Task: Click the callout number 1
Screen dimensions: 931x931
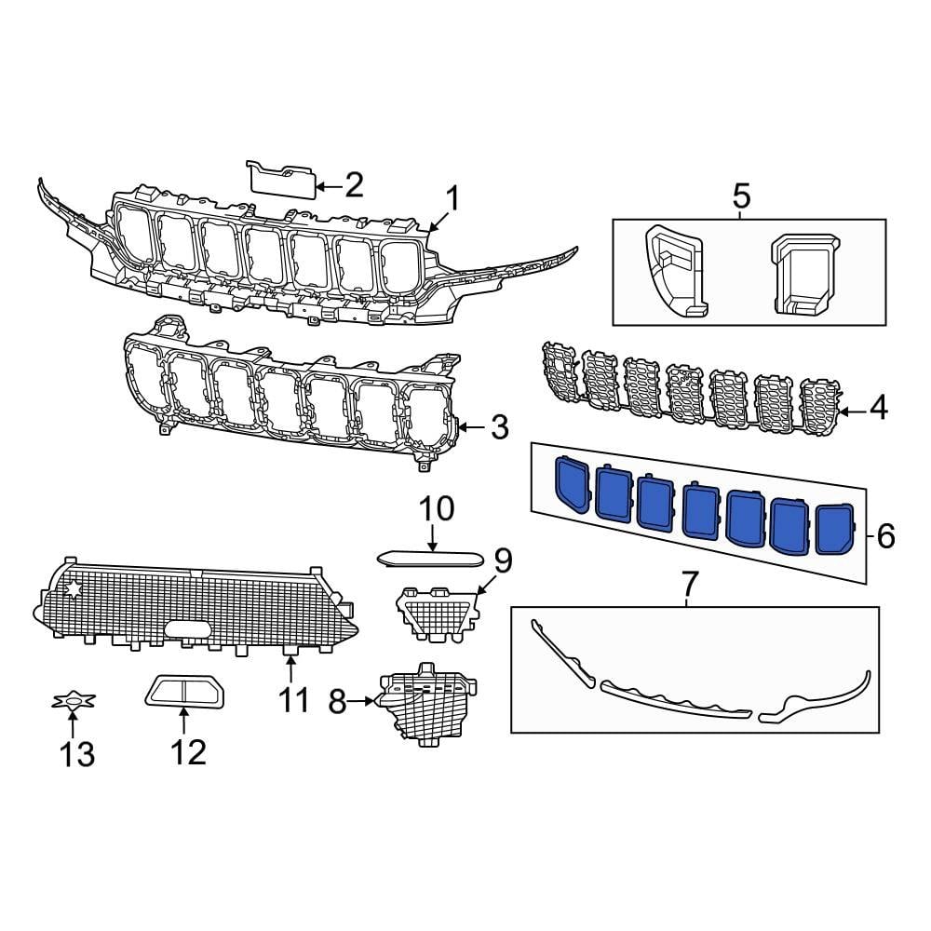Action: click(x=452, y=198)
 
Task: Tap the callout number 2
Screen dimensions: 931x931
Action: click(x=353, y=186)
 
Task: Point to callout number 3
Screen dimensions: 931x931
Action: click(x=499, y=428)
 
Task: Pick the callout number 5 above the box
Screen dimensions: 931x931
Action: click(x=741, y=197)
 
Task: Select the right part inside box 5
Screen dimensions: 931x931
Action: click(x=803, y=271)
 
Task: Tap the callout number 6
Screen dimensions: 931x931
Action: click(x=884, y=535)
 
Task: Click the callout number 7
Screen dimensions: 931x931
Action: click(x=689, y=585)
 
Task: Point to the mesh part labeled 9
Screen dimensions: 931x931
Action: click(x=438, y=611)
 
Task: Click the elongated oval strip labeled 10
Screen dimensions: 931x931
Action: click(x=430, y=559)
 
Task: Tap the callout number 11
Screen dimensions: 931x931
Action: click(x=294, y=698)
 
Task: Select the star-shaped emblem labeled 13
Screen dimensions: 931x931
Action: click(x=73, y=701)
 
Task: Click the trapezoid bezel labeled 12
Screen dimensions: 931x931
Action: click(x=184, y=692)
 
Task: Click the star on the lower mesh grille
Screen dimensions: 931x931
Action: click(x=73, y=589)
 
